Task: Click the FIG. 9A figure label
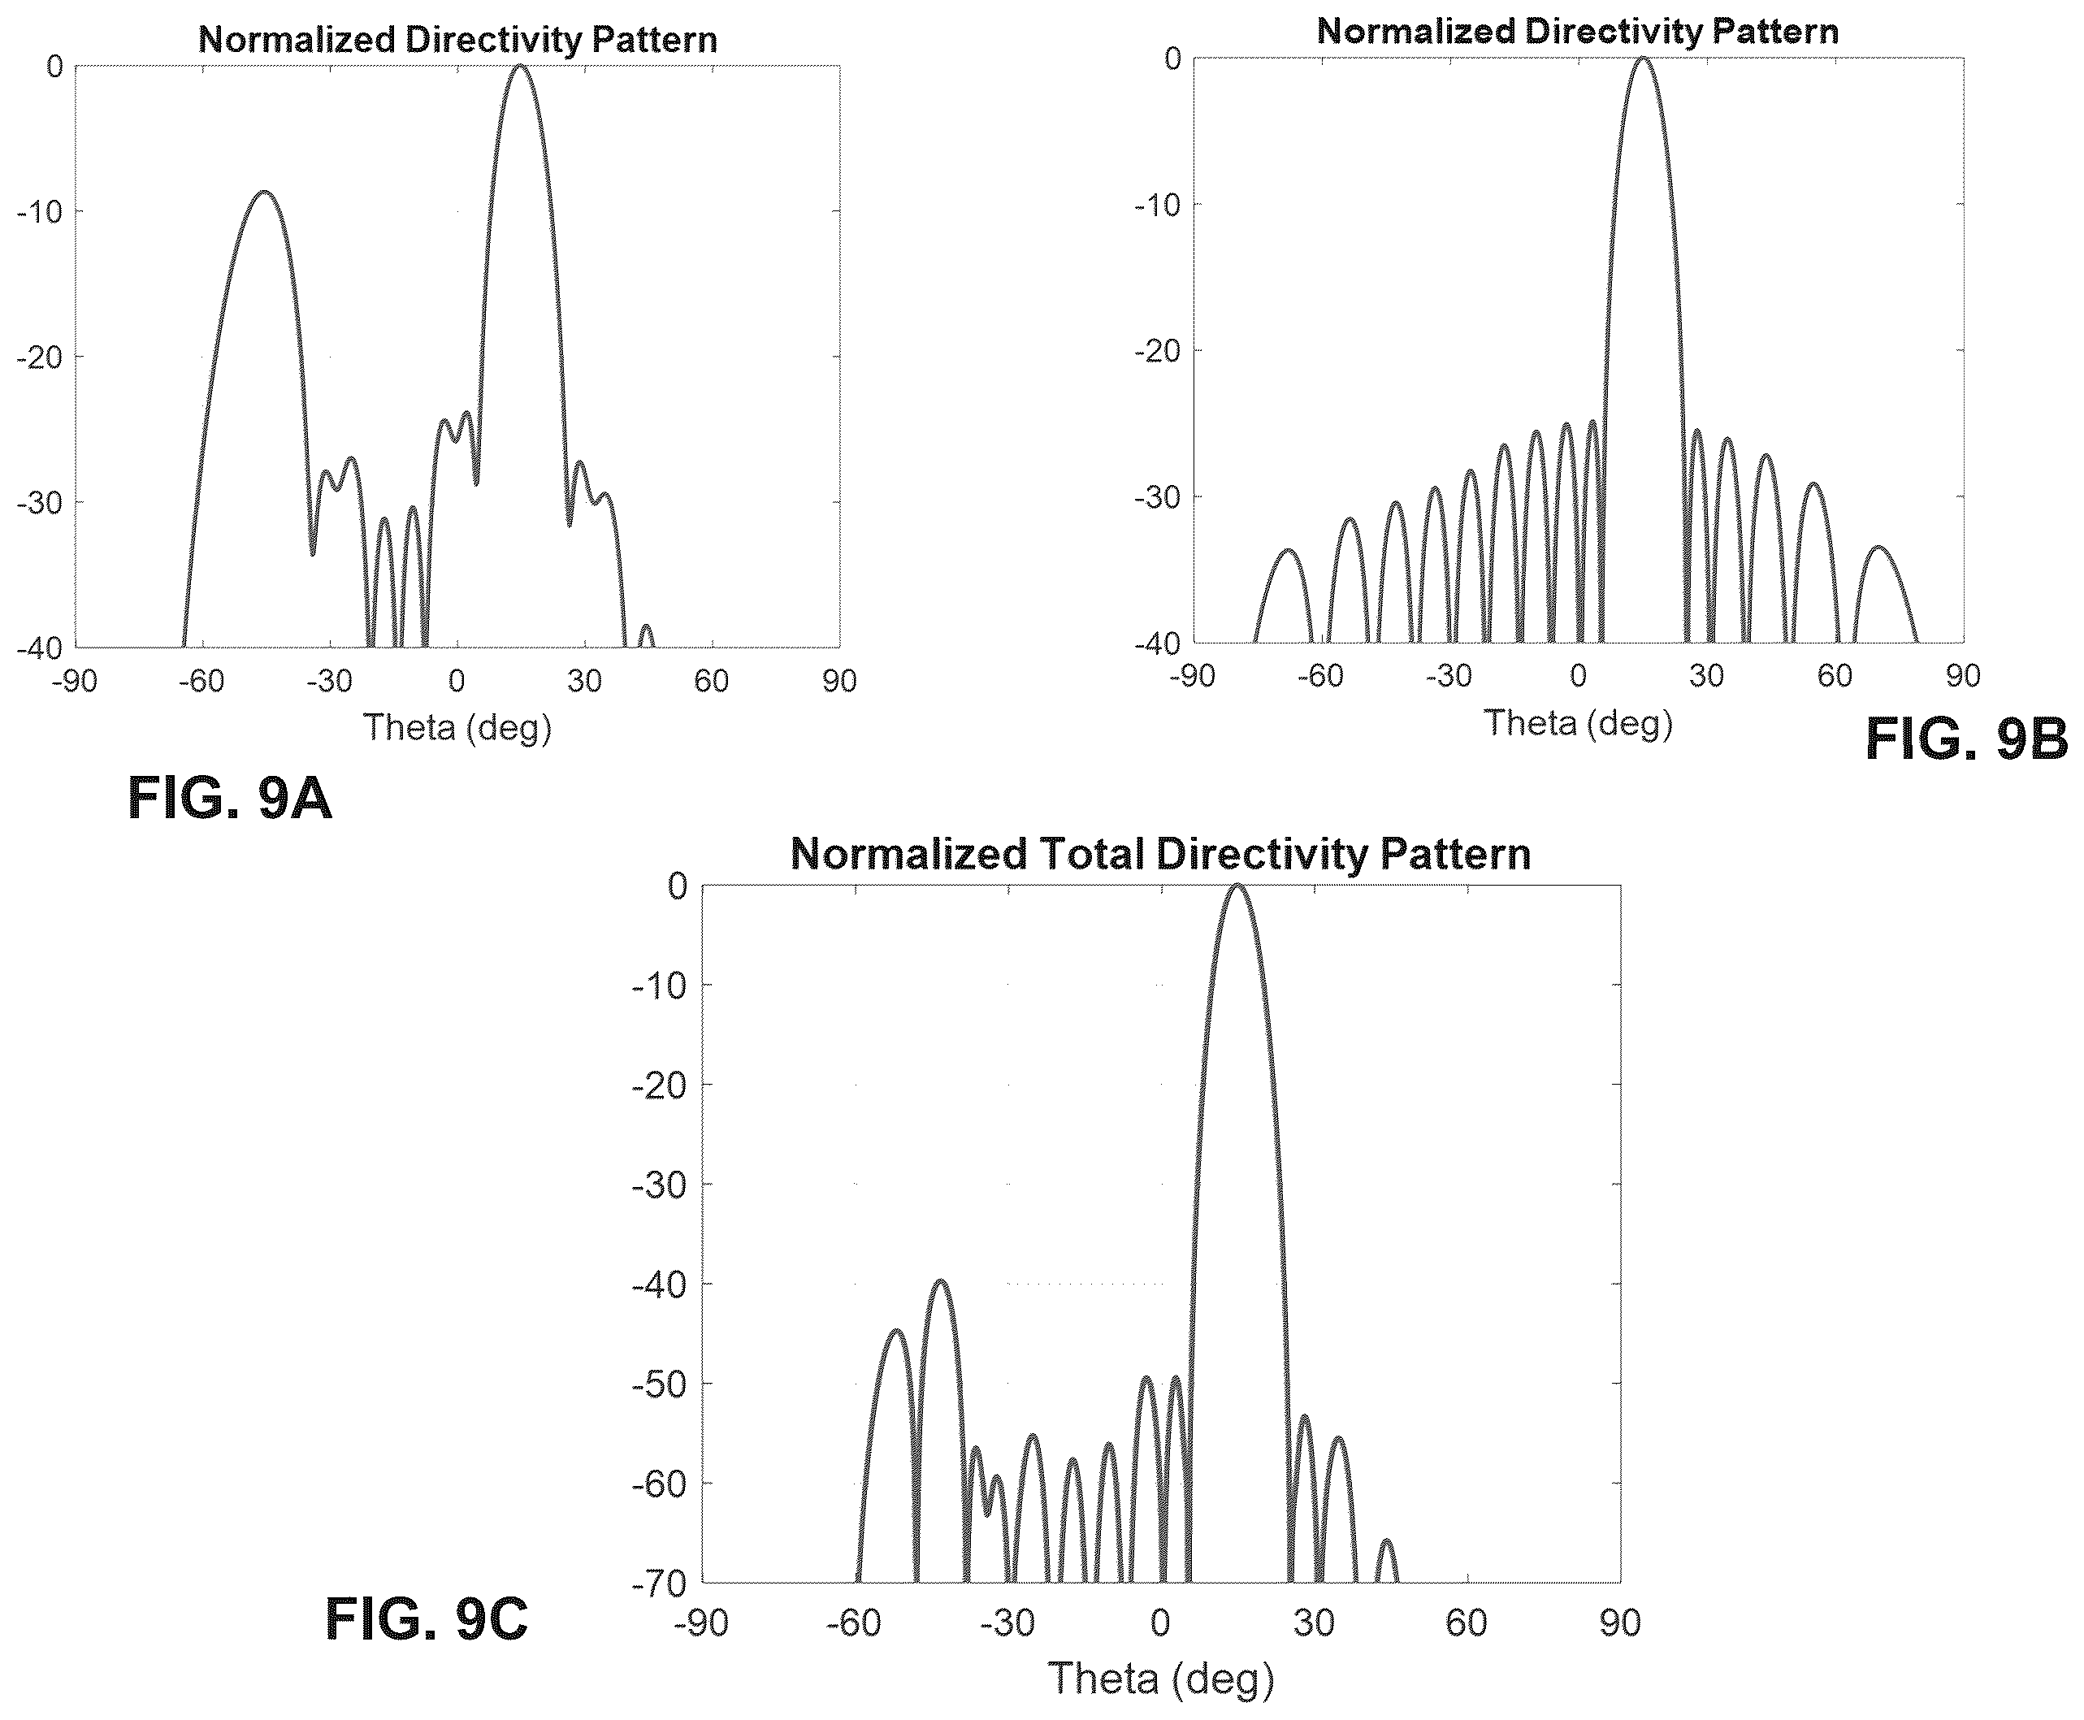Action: (230, 798)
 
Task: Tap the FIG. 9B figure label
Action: (1967, 739)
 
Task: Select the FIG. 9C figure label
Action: (427, 1620)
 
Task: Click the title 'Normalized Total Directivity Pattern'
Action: (1160, 854)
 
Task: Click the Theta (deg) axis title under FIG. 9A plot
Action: (457, 728)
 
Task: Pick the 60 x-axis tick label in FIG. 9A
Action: (712, 681)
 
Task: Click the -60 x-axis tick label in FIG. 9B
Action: (1320, 676)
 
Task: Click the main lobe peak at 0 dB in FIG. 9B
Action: (1642, 58)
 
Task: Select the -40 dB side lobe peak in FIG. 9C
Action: (939, 1281)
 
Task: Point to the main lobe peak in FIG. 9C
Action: (1237, 885)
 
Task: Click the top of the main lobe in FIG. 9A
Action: (520, 67)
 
